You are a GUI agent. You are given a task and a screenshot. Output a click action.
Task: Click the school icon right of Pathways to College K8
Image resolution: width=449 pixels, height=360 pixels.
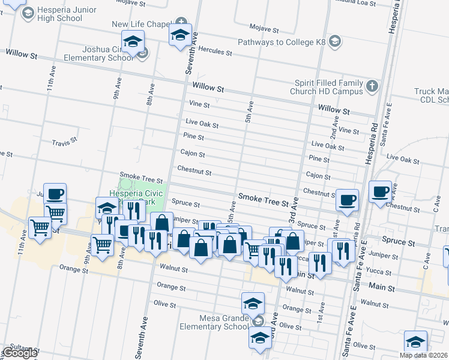coord(336,43)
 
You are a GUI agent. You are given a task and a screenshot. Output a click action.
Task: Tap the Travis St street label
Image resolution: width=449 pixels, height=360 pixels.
coord(65,143)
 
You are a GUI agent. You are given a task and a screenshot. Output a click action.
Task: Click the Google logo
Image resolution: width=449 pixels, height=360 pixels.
coord(19,353)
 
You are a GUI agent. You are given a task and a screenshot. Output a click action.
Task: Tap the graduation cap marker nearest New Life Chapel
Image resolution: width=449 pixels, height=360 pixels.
coord(179,35)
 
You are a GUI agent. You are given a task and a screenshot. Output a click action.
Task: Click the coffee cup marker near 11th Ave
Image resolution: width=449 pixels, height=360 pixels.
coord(55,194)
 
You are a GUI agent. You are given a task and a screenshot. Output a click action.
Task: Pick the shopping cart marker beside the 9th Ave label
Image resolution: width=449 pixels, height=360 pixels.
coord(102,245)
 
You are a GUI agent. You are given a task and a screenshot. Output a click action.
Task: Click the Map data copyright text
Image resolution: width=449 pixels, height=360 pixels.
coord(423,355)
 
